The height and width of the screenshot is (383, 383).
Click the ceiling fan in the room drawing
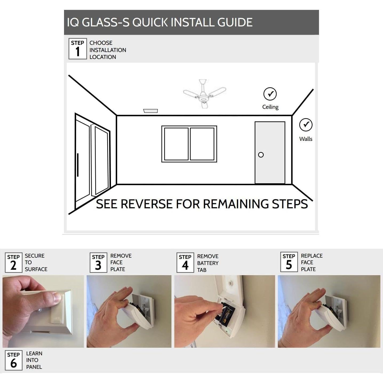coord(204,94)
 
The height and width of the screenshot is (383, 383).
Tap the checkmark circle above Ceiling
coord(270,94)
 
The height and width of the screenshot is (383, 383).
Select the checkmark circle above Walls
coord(306,125)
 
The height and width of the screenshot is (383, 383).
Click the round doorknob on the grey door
coord(261,155)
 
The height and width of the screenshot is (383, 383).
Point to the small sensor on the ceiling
coord(150,111)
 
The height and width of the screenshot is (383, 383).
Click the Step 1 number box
coord(78,49)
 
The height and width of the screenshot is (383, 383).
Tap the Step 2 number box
coord(13,263)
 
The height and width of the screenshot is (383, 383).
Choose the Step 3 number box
coord(98,263)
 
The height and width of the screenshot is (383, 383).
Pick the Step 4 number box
coord(185,263)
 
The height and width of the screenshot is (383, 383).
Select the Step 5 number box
coord(289,262)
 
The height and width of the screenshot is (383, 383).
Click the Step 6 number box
coord(13,361)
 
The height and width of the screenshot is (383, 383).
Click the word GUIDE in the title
coord(235,22)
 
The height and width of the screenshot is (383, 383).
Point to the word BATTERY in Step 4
coord(208,263)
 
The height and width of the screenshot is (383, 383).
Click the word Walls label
coord(306,139)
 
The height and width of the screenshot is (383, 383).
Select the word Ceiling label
coord(270,107)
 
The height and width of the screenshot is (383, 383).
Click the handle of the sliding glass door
coord(78,165)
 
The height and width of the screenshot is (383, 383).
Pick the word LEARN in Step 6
coord(34,354)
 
